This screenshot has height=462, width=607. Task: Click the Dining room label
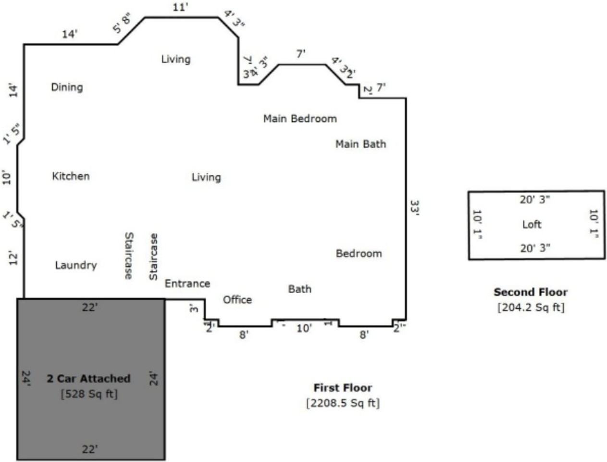pos(67,87)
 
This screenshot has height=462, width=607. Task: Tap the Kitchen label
pos(71,176)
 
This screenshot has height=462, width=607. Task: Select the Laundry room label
pos(76,265)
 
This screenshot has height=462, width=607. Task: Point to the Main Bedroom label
pos(300,119)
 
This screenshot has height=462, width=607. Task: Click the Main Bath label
pos(360,144)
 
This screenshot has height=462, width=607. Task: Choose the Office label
pos(237,300)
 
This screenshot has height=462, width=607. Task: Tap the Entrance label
pos(187,283)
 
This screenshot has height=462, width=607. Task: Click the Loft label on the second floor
pos(532,224)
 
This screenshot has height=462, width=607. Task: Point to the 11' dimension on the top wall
pos(180,8)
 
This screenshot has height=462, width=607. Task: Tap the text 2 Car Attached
pos(88,379)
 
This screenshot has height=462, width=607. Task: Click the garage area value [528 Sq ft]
pos(89,394)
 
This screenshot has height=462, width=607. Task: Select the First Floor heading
pos(343,388)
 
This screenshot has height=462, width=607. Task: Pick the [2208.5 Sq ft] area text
pos(343,403)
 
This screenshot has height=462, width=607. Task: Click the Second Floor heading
pos(531,292)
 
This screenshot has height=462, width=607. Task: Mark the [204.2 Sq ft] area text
pos(531,308)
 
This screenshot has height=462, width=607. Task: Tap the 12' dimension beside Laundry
pos(13,258)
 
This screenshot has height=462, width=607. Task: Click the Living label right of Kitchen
pos(206,177)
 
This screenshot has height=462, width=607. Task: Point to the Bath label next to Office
pos(300,289)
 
